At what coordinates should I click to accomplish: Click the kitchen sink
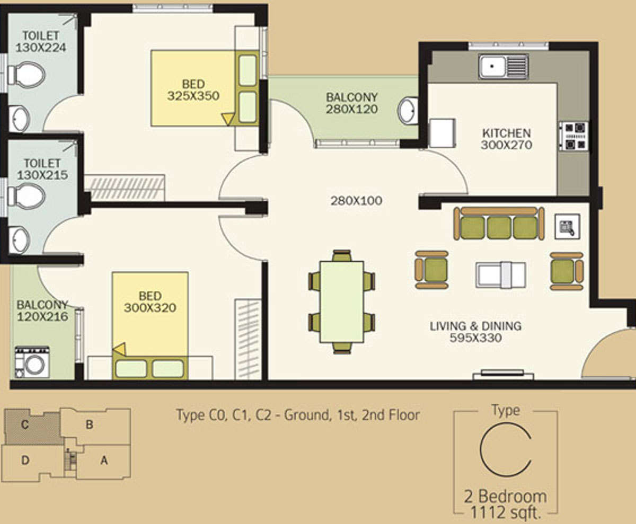(503, 67)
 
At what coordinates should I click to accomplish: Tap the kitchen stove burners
(573, 136)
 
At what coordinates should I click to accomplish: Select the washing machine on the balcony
(32, 362)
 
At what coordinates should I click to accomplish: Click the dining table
(341, 301)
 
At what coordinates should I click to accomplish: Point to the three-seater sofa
(499, 224)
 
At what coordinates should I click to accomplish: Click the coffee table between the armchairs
(501, 274)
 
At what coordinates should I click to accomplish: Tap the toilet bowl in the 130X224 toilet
(26, 75)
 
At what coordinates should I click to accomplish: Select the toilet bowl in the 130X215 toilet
(26, 197)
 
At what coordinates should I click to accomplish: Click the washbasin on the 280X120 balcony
(408, 111)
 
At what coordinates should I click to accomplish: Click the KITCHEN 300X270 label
(507, 139)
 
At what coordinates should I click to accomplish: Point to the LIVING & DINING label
(475, 326)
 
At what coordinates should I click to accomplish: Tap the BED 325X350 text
(193, 90)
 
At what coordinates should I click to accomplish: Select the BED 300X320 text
(150, 301)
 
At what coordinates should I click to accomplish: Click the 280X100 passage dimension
(356, 201)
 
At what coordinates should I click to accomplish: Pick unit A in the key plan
(104, 460)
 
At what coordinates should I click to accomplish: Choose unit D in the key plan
(25, 460)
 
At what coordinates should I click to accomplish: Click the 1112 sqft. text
(506, 512)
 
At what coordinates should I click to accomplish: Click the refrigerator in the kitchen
(442, 133)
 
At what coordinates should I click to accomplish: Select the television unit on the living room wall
(503, 375)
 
